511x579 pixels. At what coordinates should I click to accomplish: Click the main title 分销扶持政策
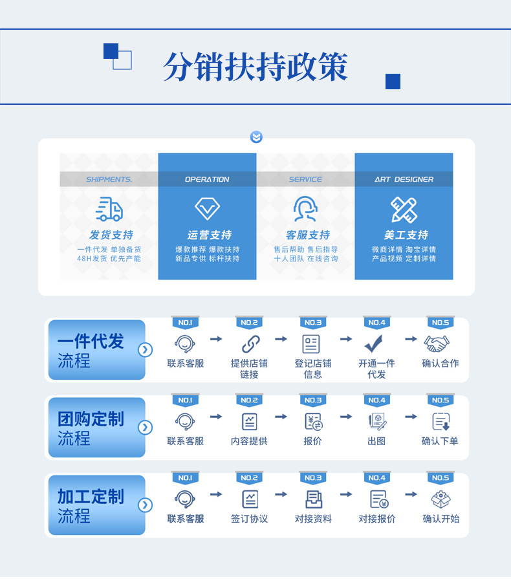(x=255, y=67)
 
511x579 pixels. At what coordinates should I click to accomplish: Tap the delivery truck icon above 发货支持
(x=109, y=209)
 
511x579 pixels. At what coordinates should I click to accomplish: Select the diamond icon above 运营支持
(x=207, y=208)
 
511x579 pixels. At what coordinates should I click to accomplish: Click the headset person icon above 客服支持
(x=305, y=208)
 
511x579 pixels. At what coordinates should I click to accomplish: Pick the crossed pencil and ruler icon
(x=404, y=210)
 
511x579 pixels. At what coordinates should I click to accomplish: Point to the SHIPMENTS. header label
(x=109, y=179)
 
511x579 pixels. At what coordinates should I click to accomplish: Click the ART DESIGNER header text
(x=404, y=179)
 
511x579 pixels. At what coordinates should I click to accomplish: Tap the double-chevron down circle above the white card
(x=256, y=137)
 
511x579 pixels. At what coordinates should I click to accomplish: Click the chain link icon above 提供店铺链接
(x=251, y=344)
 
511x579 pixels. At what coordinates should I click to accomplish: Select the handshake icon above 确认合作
(x=437, y=344)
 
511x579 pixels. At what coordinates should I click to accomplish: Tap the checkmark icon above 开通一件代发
(x=374, y=344)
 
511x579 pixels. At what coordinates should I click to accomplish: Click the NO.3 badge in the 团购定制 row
(x=313, y=400)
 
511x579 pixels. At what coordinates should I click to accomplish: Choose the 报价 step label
(x=312, y=441)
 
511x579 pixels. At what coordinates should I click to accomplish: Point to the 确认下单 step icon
(x=441, y=421)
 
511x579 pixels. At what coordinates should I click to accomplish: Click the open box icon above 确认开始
(x=441, y=499)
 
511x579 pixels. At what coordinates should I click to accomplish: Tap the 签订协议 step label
(x=249, y=519)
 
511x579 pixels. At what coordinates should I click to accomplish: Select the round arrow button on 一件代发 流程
(x=145, y=350)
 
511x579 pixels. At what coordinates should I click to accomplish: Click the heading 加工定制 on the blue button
(x=91, y=496)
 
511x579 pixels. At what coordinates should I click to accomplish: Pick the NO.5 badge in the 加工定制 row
(x=440, y=478)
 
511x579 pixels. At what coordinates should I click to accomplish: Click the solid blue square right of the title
(x=393, y=82)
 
